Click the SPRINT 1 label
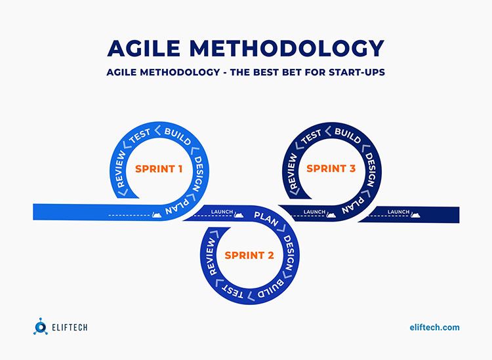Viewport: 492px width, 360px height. [159, 169]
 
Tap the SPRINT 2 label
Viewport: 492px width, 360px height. [249, 255]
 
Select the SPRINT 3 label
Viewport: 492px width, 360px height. [331, 169]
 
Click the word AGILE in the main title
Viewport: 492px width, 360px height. [144, 49]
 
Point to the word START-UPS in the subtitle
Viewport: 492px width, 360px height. [357, 72]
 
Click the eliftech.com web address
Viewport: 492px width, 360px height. [434, 327]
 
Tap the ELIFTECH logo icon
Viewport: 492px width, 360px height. [41, 327]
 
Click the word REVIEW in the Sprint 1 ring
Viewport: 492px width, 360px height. [121, 170]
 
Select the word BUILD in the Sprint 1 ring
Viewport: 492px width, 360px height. [178, 136]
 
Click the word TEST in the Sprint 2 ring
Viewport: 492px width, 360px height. [232, 292]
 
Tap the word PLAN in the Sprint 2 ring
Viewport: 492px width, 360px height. [266, 218]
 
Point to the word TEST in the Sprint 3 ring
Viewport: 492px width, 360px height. [312, 136]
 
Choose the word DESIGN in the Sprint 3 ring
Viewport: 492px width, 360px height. [371, 170]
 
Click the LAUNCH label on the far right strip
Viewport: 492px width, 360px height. [398, 212]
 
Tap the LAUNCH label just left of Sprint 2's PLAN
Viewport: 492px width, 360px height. [222, 212]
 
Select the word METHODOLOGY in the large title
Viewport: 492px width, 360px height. [287, 49]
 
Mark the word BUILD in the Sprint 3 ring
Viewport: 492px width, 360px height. [348, 136]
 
